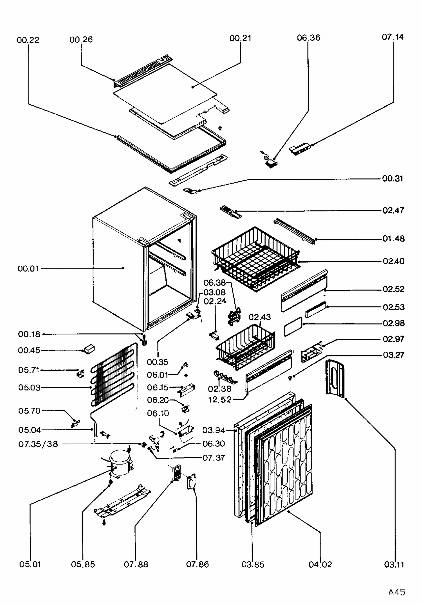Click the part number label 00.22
click(x=28, y=40)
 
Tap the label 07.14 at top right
click(x=392, y=37)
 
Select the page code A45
click(x=397, y=592)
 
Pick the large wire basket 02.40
click(x=255, y=258)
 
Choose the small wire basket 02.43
click(x=245, y=346)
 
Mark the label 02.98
click(x=393, y=323)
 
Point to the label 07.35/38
click(x=38, y=444)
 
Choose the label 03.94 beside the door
click(x=214, y=430)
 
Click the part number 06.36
click(x=308, y=38)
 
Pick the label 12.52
click(x=219, y=399)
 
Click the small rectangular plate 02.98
click(x=293, y=327)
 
